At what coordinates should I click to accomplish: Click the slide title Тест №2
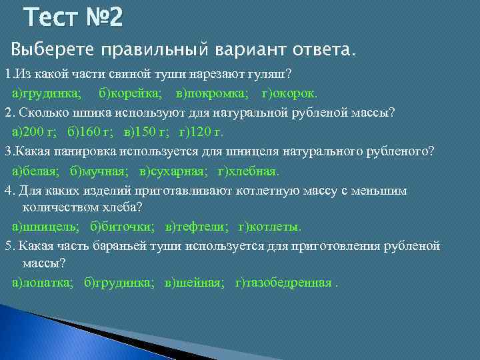73,18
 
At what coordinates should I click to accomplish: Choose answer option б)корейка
130,92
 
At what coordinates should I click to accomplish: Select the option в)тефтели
197,226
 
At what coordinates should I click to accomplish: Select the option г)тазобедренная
286,282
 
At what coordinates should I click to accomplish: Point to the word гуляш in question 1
273,73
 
